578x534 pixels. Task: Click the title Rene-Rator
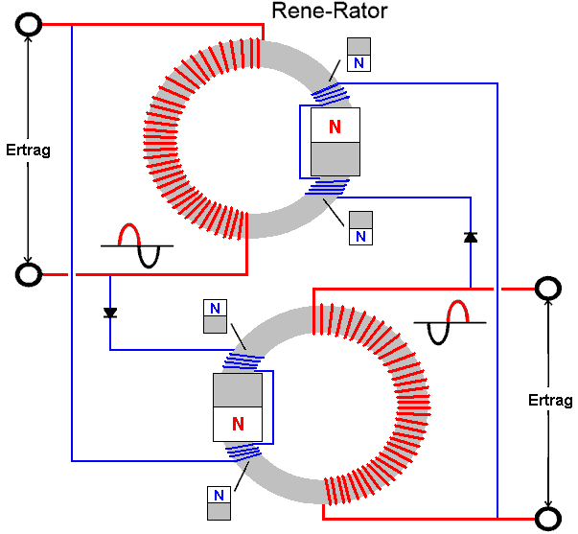click(x=330, y=12)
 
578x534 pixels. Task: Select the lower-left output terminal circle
click(x=29, y=275)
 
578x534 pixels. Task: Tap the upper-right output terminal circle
click(x=547, y=288)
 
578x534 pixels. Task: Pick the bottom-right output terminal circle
click(x=547, y=519)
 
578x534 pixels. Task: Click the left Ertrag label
click(x=28, y=150)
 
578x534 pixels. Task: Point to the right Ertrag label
click(x=550, y=400)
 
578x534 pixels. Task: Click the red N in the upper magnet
click(x=335, y=127)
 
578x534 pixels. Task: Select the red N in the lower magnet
click(x=238, y=423)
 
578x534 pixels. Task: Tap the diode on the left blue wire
click(x=110, y=313)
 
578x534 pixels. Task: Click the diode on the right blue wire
click(x=470, y=237)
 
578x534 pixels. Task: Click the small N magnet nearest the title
click(x=358, y=55)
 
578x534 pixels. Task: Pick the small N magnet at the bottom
click(x=219, y=503)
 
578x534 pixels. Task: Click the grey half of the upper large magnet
click(x=335, y=159)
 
